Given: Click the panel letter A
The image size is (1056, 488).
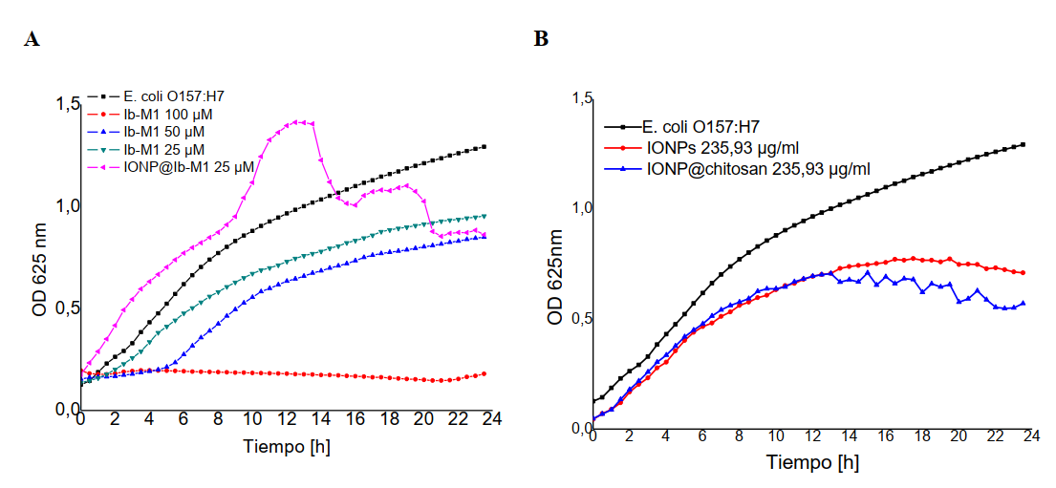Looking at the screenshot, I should [x=33, y=40].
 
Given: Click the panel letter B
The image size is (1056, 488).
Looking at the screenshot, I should [x=541, y=40].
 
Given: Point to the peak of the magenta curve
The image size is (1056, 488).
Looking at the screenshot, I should [x=298, y=121].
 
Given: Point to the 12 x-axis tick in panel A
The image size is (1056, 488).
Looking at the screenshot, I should [x=287, y=421].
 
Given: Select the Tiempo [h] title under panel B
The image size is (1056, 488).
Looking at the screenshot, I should [x=812, y=463].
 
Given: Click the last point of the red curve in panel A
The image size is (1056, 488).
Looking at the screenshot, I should [x=485, y=373].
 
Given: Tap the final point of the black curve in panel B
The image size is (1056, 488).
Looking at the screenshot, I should [x=1023, y=144].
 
